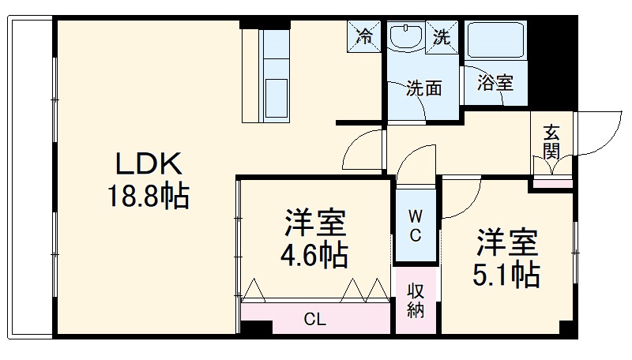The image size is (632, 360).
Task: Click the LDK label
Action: (x=149, y=164)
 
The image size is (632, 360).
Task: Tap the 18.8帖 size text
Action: (x=149, y=196)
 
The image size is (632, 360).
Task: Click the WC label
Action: (x=415, y=225)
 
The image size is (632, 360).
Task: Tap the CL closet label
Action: (x=315, y=320)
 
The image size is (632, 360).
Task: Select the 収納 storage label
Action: (x=416, y=299)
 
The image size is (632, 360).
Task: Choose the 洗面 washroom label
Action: (x=423, y=88)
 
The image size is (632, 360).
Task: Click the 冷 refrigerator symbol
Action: (x=365, y=36)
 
